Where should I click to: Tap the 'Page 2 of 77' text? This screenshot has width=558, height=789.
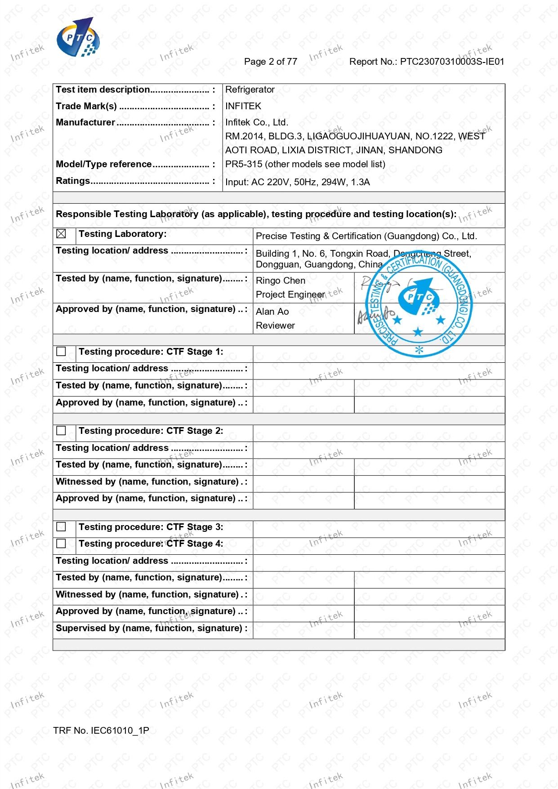tap(270, 62)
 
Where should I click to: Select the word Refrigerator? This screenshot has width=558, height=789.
tap(250, 89)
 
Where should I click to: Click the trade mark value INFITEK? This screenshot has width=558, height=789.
tap(243, 106)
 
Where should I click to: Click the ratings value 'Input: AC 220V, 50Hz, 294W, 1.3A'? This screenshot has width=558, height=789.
tap(297, 182)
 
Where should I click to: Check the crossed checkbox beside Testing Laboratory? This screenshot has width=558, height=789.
tap(61, 234)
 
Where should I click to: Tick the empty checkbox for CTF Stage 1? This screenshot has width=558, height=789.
tap(61, 352)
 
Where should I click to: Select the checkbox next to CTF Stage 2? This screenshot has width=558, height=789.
tap(61, 431)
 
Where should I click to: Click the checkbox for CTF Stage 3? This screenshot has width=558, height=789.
tap(61, 526)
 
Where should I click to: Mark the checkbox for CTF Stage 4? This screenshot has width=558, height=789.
tap(61, 544)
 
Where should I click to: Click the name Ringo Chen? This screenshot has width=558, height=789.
tap(280, 281)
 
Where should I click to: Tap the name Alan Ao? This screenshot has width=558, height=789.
tap(272, 312)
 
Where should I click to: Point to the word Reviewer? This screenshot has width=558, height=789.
tap(275, 325)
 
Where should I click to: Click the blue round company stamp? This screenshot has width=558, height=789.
tap(419, 303)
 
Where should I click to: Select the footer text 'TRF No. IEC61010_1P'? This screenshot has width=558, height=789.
tap(101, 730)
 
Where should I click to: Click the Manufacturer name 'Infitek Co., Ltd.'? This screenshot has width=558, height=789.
tap(256, 122)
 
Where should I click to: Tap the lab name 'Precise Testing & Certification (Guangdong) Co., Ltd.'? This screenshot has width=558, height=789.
tap(366, 236)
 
